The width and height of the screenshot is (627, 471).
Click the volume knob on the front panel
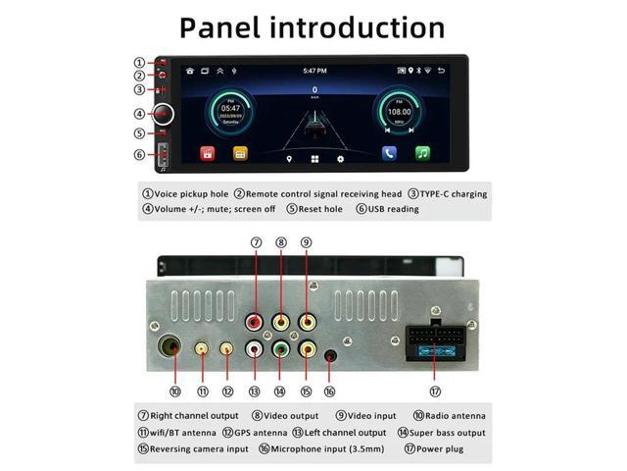click(x=163, y=114)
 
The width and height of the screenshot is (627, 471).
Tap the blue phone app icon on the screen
click(x=389, y=153)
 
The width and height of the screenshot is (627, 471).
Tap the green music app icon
click(x=422, y=153)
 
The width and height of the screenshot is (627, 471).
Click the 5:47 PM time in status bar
click(x=314, y=71)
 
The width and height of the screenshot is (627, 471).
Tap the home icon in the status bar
click(x=190, y=71)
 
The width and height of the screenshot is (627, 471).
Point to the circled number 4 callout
click(x=140, y=114)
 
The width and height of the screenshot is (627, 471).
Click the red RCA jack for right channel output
click(x=256, y=321)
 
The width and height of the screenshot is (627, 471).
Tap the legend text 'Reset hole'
click(x=320, y=209)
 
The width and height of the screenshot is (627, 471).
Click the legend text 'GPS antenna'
click(x=261, y=433)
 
